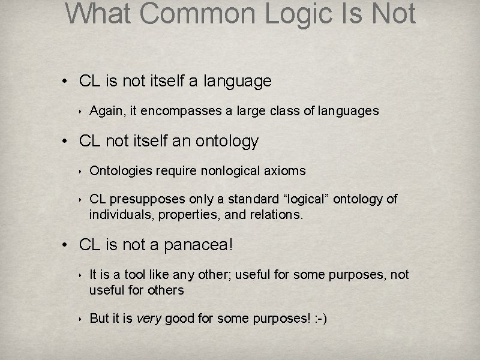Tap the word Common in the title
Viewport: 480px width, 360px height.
pyautogui.click(x=202, y=13)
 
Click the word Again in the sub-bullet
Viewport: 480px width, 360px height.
pyautogui.click(x=105, y=111)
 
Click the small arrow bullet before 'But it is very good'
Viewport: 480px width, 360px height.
pyautogui.click(x=80, y=319)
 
